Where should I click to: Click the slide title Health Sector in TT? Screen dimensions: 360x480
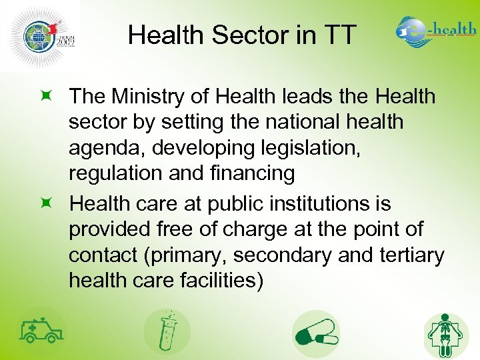click(x=243, y=35)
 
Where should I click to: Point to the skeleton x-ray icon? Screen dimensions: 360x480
click(x=446, y=334)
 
